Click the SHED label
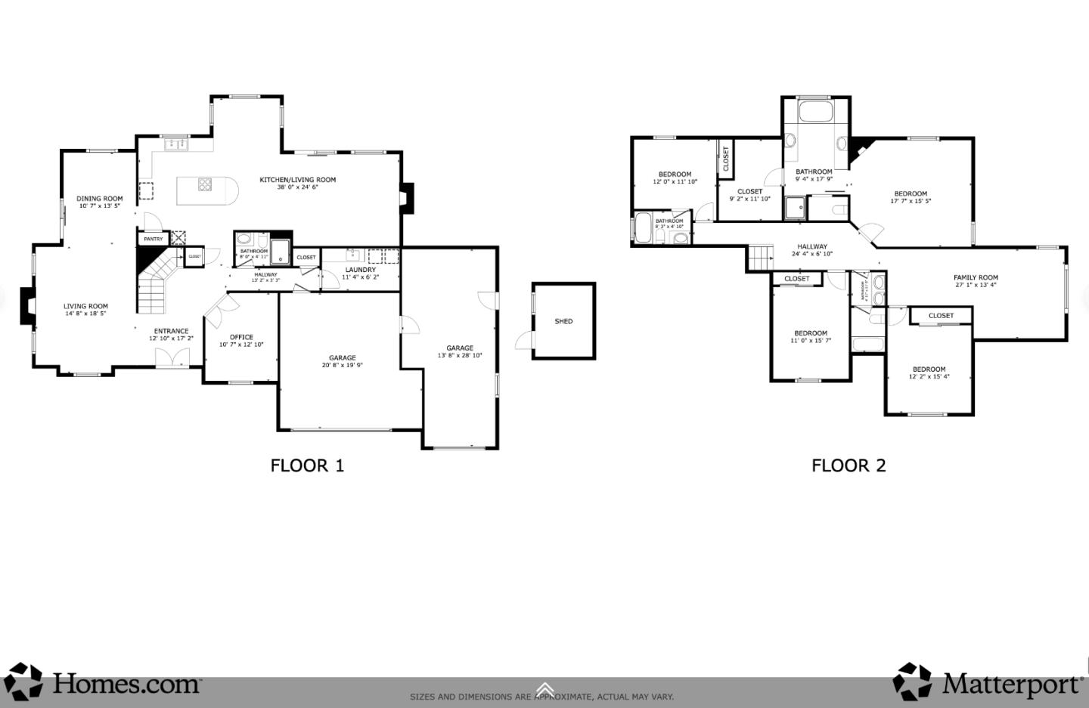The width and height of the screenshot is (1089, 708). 563,321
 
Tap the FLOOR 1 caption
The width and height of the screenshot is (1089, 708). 307,465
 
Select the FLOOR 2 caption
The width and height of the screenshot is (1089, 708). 849,465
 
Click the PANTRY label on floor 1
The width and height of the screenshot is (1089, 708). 154,239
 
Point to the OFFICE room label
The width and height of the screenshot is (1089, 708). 241,337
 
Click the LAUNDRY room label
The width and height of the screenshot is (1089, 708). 361,270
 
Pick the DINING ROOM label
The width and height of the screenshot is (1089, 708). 99,199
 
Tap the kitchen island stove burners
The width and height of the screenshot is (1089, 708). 205,184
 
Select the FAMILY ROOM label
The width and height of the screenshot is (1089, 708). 976,277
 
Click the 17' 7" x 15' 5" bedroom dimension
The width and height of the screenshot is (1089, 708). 911,202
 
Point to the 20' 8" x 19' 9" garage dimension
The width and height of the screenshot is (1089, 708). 342,365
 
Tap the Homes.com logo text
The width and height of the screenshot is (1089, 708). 126,684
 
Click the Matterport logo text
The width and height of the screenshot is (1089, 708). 1011,685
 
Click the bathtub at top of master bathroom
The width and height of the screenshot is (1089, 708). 815,113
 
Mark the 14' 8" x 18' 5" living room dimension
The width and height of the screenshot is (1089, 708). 85,314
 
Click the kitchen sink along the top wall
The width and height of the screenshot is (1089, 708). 176,143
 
